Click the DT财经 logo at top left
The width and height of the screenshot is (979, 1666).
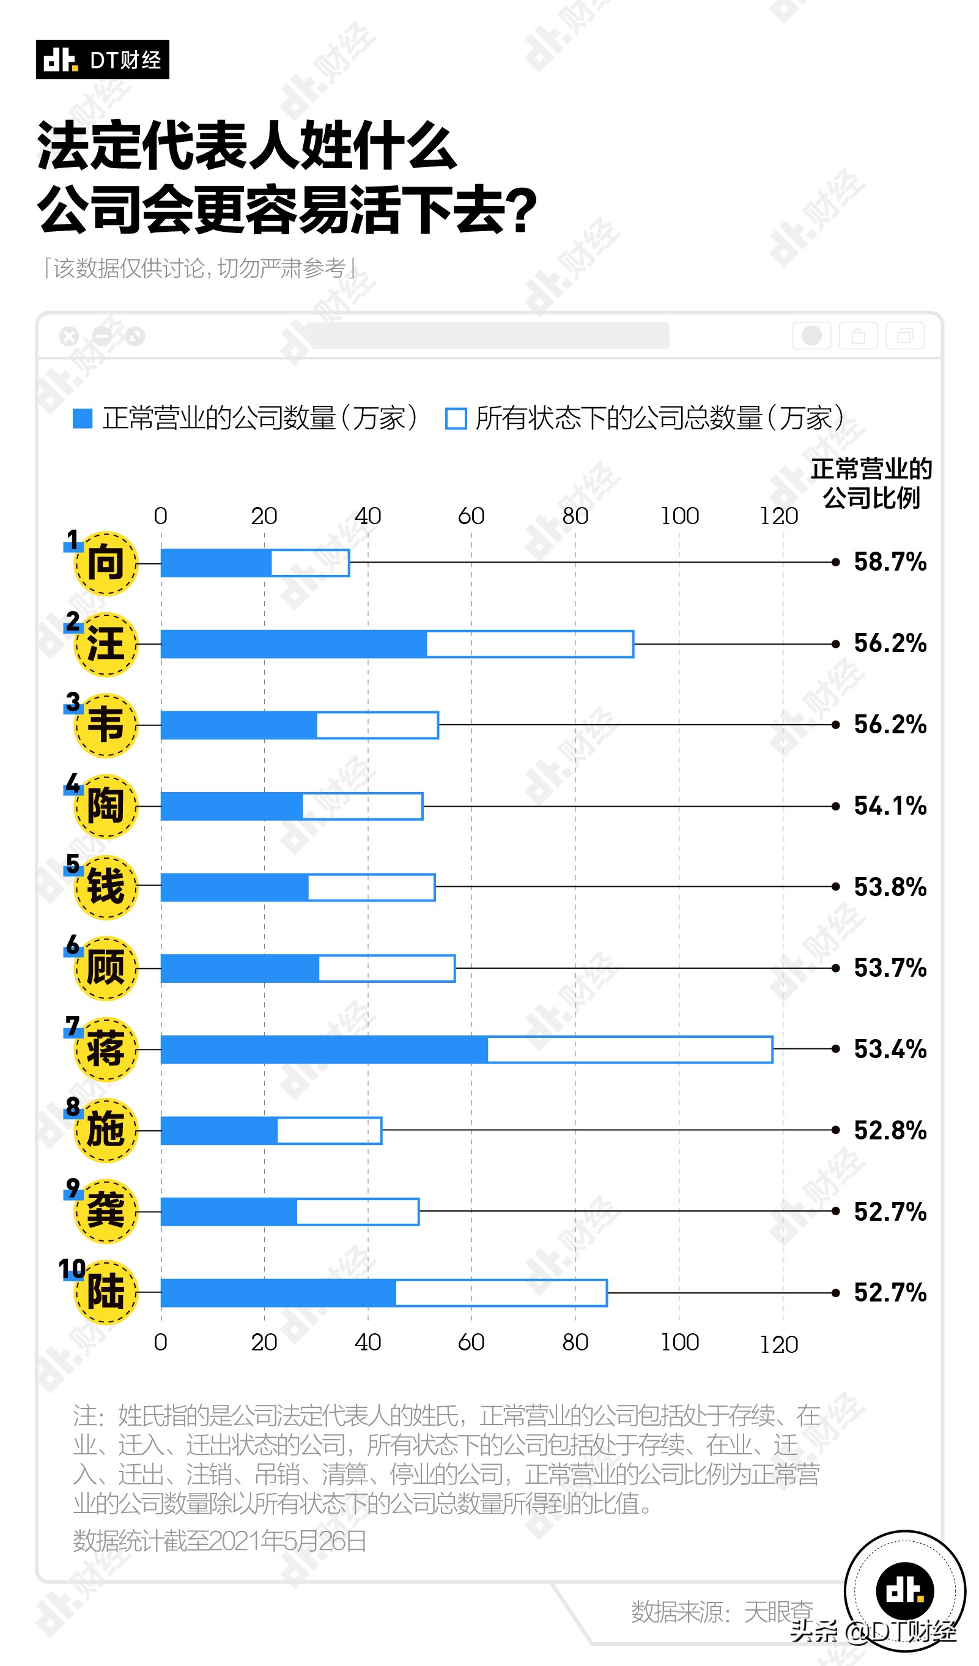[x=103, y=59]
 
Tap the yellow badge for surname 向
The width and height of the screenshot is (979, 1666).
[x=106, y=563]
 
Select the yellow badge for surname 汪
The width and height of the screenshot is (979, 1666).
[x=106, y=644]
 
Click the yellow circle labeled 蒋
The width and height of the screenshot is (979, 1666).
[x=106, y=1049]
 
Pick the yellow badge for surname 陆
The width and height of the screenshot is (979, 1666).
[x=106, y=1292]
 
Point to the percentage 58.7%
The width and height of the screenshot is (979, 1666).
[x=890, y=563]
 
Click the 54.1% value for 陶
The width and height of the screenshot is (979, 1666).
[x=890, y=806]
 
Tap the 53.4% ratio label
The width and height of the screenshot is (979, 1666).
[x=890, y=1049]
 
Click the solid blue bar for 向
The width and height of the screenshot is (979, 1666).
[x=216, y=563]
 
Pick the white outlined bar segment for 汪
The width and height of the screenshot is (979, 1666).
[x=530, y=644]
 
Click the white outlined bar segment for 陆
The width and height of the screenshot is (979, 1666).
[x=501, y=1293]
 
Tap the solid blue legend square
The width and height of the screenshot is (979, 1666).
[x=82, y=418]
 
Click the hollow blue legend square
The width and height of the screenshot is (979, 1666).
[x=456, y=418]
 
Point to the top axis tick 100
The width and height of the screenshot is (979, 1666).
[x=679, y=516]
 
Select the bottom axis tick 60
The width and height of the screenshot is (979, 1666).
[x=471, y=1342]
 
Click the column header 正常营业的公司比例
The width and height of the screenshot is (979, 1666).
[x=871, y=483]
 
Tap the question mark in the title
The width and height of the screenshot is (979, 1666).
[x=524, y=210]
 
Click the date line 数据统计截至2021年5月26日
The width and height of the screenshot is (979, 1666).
[x=220, y=1541]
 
